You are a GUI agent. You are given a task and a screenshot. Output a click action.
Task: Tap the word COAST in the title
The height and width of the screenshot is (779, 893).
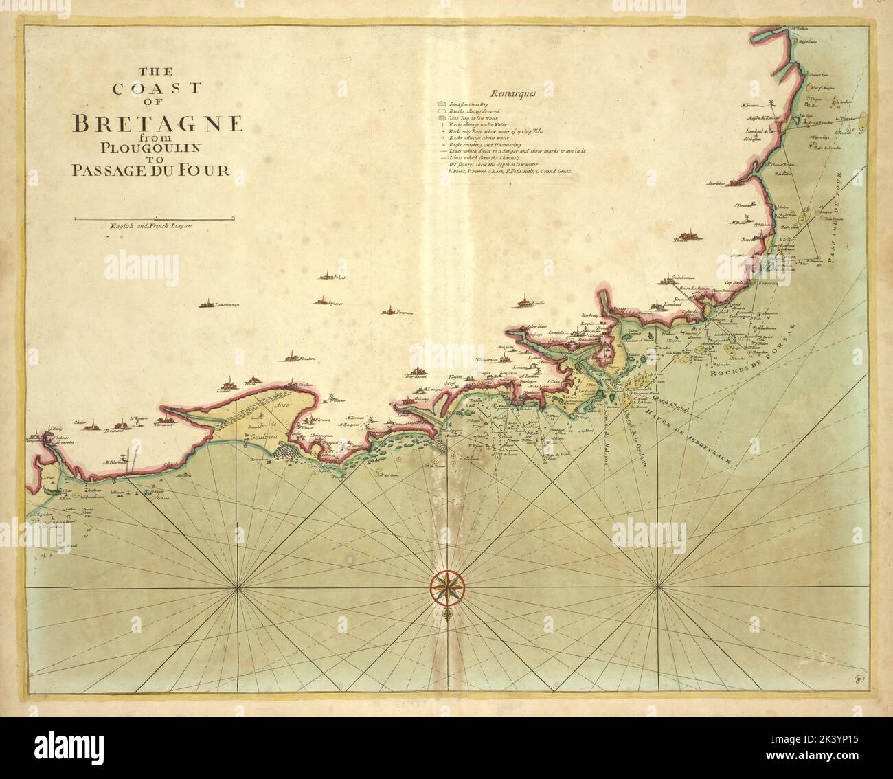coord(157,88)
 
